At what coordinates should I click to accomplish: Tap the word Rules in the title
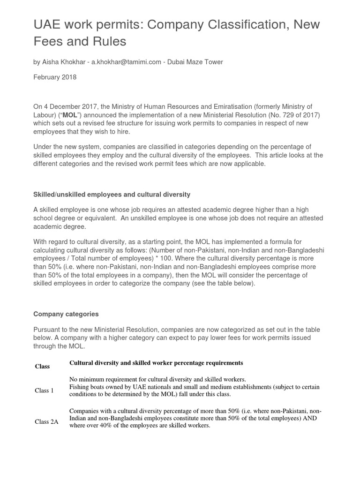[x=109, y=41]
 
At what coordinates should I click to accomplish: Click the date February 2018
[x=55, y=77]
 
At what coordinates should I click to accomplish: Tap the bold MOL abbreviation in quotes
[x=70, y=115]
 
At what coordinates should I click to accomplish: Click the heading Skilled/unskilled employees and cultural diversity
[x=112, y=194]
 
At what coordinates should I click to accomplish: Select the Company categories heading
[x=66, y=314]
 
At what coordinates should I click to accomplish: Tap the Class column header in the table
[x=42, y=366]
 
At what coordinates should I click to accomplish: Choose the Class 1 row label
[x=44, y=390]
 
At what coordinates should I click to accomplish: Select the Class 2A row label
[x=46, y=421]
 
